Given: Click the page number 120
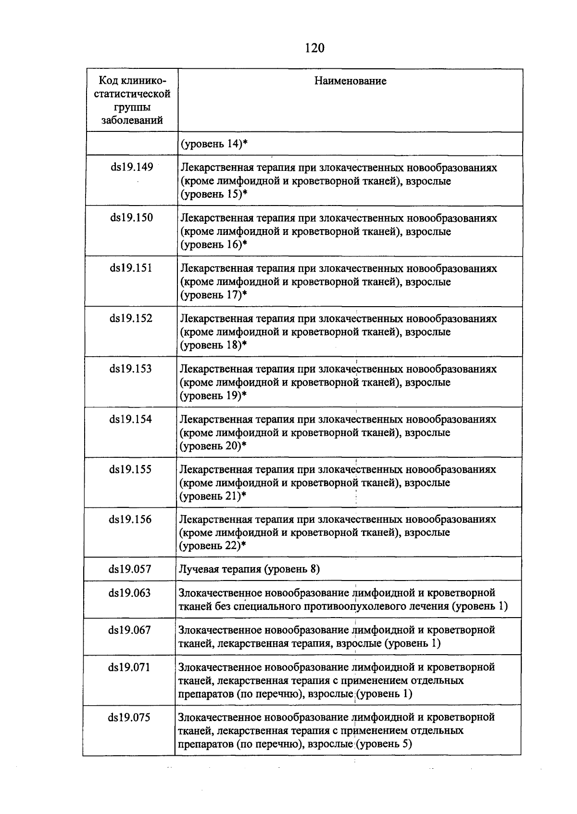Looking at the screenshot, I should (315, 48).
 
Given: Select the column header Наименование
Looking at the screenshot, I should (350, 81).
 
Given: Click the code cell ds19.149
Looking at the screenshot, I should (132, 168).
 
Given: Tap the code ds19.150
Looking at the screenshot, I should (132, 218).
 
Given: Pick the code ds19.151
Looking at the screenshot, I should (131, 268).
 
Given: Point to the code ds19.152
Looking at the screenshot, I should (131, 318).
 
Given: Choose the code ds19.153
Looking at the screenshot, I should (131, 369).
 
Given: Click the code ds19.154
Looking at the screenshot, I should (131, 419).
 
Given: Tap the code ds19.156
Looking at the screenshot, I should (130, 519).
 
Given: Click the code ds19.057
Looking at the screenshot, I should (130, 569).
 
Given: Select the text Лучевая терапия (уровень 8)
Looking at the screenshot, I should (249, 569).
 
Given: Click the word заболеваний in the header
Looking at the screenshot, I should (132, 120).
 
